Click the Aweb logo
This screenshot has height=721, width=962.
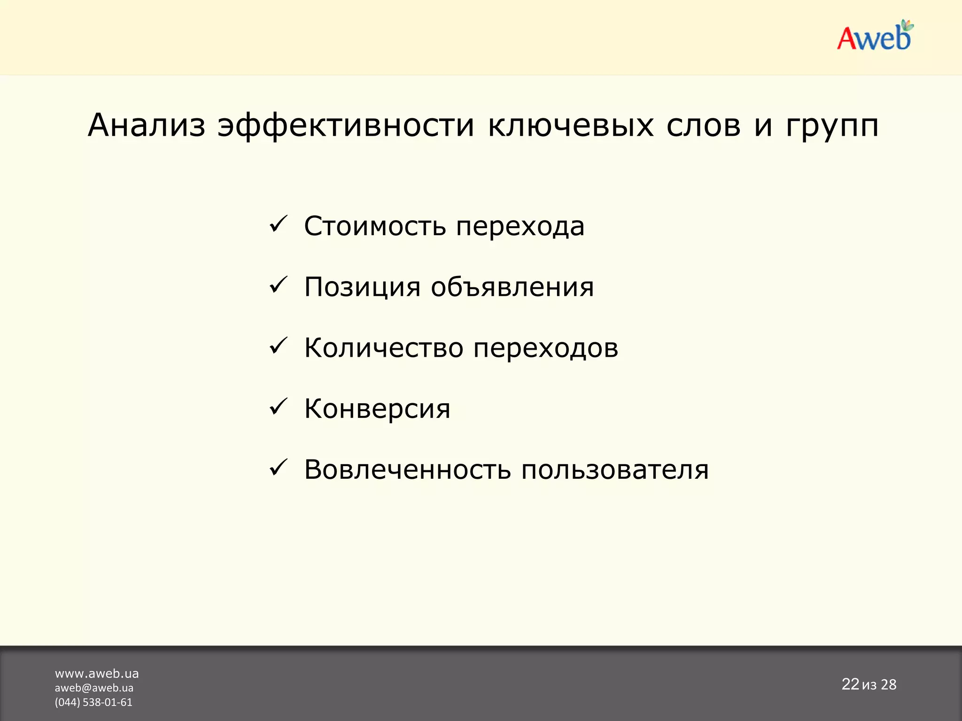click(x=875, y=37)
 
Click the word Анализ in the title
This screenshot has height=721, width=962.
click(x=147, y=125)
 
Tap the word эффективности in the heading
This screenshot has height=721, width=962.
click(x=346, y=125)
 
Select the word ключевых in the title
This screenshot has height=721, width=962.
click(x=571, y=125)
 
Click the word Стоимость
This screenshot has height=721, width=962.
click(x=374, y=226)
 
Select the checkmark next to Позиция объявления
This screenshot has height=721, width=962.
click(x=278, y=285)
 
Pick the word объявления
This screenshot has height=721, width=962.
click(x=512, y=287)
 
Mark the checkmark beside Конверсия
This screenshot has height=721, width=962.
click(x=278, y=407)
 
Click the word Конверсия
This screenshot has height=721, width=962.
click(x=377, y=409)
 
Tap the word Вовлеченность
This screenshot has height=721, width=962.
click(x=407, y=469)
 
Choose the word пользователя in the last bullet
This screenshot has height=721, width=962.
click(x=615, y=470)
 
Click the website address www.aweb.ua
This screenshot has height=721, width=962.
click(x=97, y=674)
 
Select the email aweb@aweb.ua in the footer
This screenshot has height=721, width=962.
click(x=94, y=688)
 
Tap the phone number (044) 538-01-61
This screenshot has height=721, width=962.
click(x=93, y=702)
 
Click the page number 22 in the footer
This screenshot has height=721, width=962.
click(x=850, y=684)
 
